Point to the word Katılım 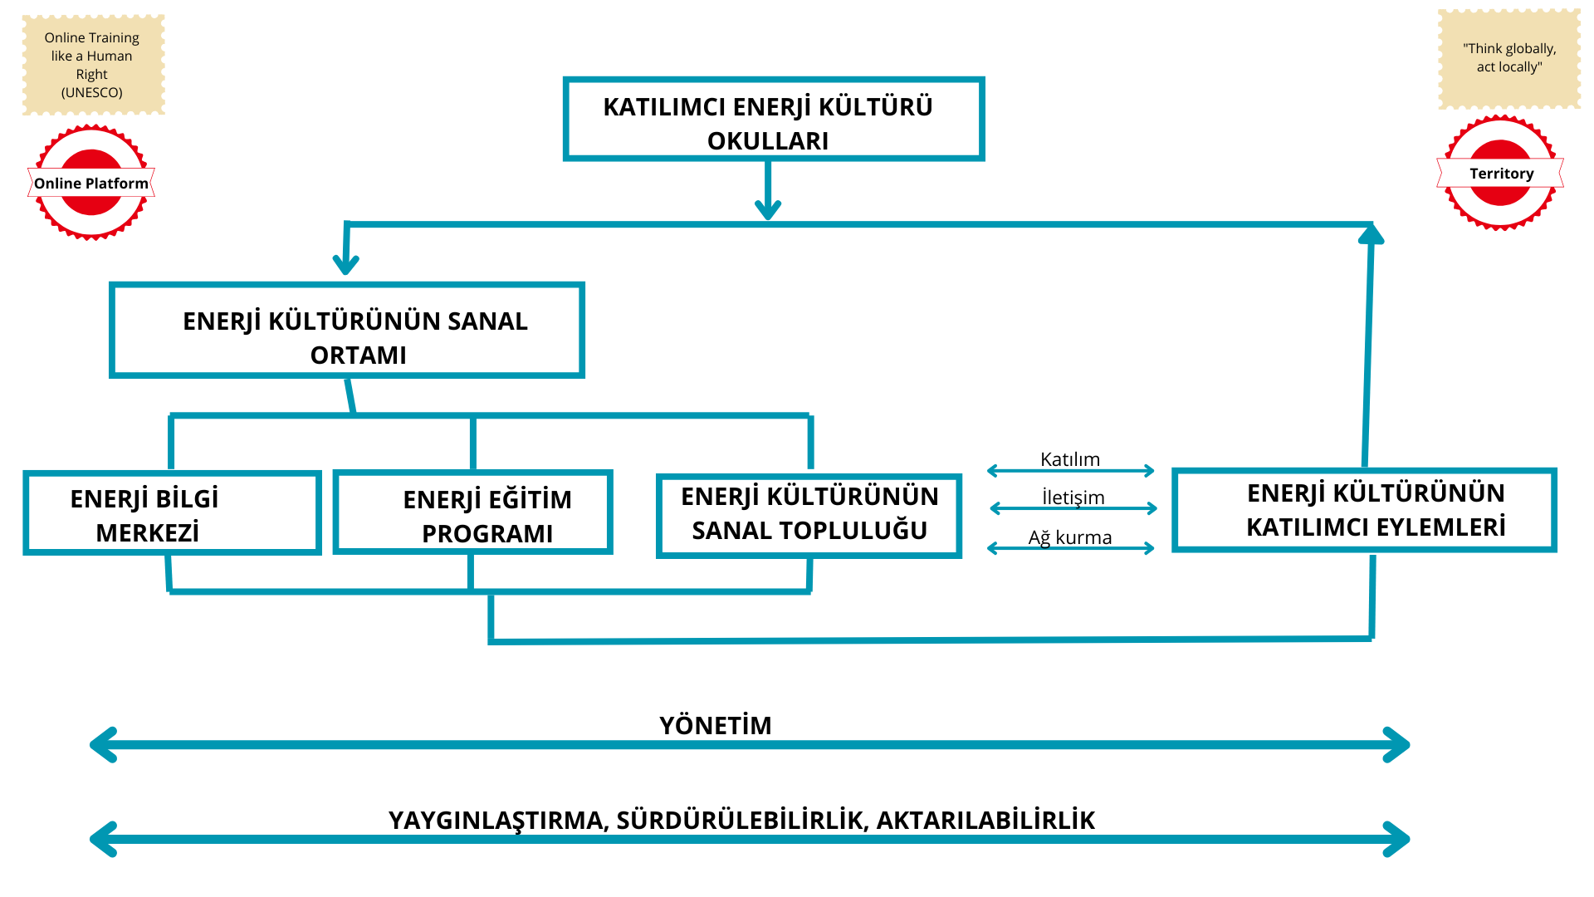point(1070,459)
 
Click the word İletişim point(1073,498)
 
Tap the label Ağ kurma point(1070,537)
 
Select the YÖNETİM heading point(716,726)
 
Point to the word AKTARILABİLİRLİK point(986,821)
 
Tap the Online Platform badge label point(91,184)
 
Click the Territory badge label point(1501,174)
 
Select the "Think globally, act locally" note point(1509,58)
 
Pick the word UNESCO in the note point(92,92)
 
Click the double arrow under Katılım point(1071,471)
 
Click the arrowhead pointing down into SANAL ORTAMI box point(345,264)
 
